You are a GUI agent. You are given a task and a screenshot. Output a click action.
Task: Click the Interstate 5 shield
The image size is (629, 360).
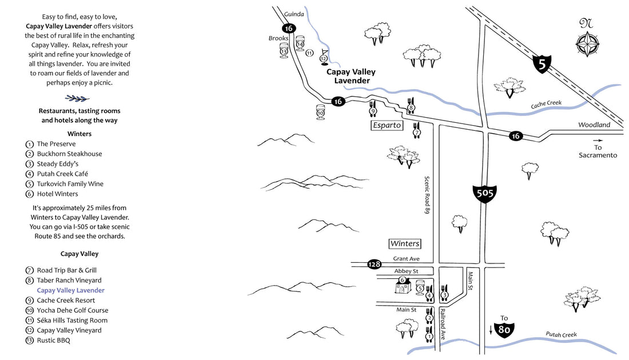(x=542, y=63)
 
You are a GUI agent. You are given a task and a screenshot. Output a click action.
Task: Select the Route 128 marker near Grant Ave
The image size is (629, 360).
(x=375, y=264)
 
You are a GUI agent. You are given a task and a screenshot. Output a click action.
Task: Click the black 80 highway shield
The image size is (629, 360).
(x=504, y=329)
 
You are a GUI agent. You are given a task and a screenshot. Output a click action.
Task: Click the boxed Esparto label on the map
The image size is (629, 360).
(x=387, y=125)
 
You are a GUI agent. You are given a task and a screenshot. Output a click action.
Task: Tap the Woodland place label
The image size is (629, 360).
(x=594, y=125)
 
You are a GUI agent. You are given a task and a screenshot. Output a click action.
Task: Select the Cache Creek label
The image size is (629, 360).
(x=546, y=105)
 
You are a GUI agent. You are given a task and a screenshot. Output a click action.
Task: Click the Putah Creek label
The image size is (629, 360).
(x=561, y=335)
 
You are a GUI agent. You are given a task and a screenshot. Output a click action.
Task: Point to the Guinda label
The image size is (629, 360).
(x=294, y=14)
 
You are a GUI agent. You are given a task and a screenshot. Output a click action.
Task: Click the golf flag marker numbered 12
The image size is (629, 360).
(x=324, y=55)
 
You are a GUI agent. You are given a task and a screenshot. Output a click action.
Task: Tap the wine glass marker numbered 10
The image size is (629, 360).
(x=320, y=111)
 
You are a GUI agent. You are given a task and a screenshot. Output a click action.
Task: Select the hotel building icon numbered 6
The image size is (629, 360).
(x=402, y=285)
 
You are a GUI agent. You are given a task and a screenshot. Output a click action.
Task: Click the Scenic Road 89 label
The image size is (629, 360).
(x=427, y=194)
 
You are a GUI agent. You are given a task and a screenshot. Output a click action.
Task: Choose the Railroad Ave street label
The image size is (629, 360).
(x=442, y=324)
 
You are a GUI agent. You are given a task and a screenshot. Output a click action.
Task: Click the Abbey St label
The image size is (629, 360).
(x=406, y=271)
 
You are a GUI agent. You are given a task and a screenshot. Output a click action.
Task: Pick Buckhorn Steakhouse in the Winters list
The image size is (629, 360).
(x=69, y=154)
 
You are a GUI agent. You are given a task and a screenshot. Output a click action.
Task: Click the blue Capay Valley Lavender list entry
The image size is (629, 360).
(x=70, y=290)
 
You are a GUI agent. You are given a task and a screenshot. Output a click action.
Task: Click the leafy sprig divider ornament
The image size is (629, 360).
(x=77, y=98)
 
